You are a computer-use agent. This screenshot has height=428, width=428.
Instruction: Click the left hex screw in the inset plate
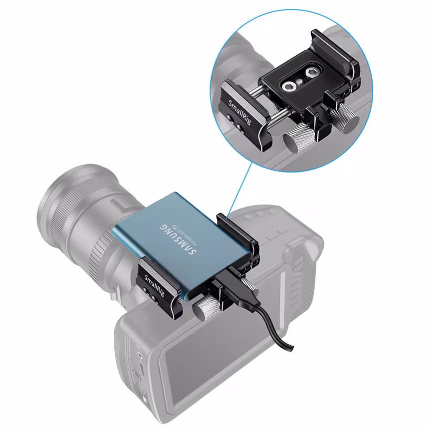(x=288, y=87)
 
